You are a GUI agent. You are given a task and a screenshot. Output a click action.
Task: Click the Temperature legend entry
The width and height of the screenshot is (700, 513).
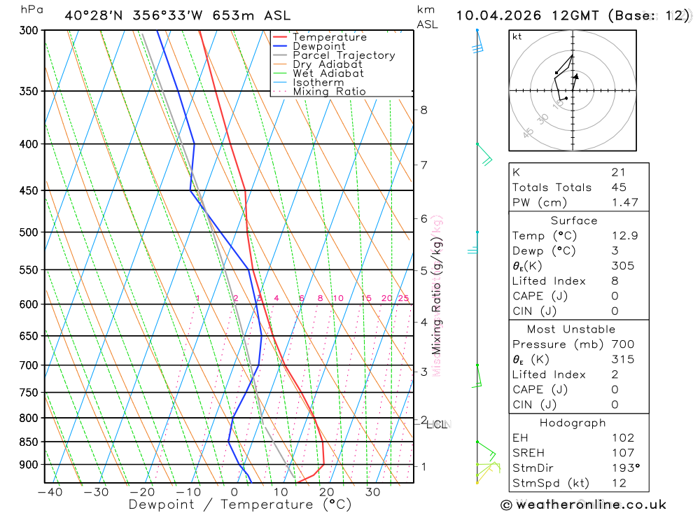click(329, 37)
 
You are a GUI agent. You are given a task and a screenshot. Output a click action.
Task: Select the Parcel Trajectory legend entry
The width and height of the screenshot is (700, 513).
click(344, 55)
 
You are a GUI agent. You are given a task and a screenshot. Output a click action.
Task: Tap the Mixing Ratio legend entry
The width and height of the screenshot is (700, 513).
click(329, 92)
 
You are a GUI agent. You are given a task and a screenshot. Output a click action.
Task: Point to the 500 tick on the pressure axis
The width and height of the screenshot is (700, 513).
click(29, 232)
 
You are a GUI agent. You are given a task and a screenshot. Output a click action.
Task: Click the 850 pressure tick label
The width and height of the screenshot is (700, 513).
click(29, 442)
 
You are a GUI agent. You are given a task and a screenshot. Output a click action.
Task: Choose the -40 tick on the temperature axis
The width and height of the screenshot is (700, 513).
click(50, 492)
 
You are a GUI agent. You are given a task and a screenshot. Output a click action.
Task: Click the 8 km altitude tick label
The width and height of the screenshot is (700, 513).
click(423, 110)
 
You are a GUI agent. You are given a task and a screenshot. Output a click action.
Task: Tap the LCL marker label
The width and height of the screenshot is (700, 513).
click(439, 424)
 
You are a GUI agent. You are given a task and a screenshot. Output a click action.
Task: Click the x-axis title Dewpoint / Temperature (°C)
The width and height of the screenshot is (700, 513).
click(240, 504)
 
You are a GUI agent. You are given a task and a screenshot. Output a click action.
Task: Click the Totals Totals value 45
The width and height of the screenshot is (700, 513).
click(619, 188)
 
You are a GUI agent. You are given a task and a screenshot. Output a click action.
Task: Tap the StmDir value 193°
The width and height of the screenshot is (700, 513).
click(622, 468)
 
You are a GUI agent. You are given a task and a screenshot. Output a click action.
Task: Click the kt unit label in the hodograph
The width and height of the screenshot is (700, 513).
click(517, 36)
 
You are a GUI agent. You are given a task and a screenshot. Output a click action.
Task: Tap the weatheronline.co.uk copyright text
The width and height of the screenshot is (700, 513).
click(583, 505)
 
